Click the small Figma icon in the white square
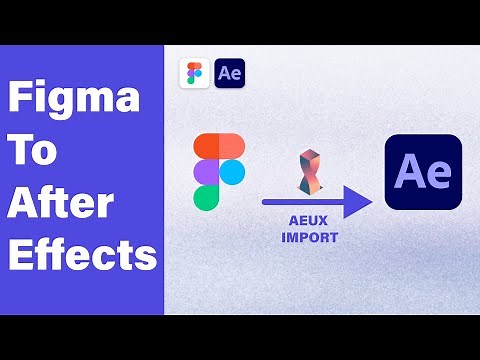tap(194, 73)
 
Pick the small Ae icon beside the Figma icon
tap(229, 73)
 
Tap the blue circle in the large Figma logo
tap(232, 172)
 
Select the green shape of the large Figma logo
tap(207, 197)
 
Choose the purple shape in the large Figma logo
tap(207, 172)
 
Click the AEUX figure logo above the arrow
tap(310, 173)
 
